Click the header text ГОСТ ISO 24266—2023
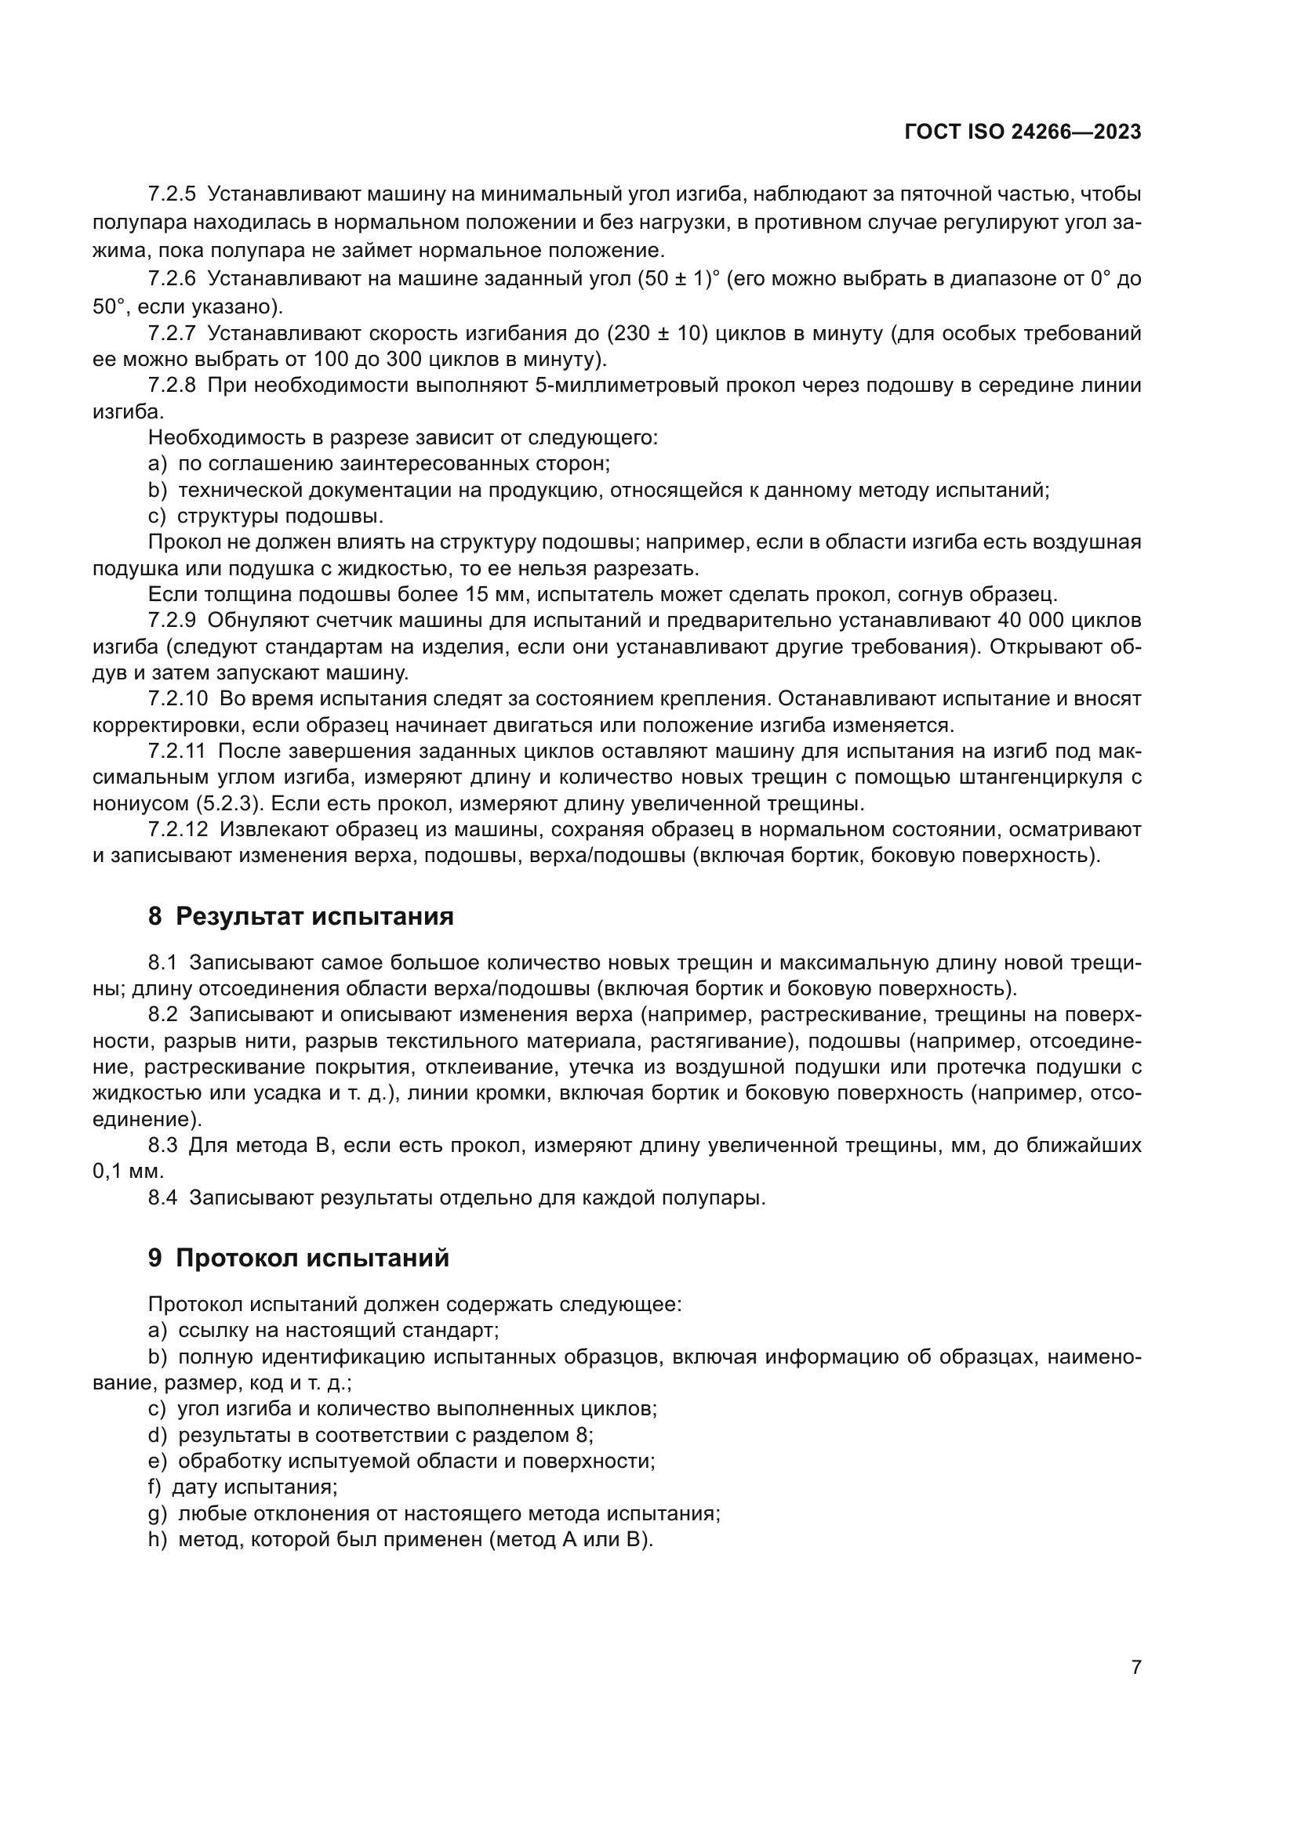click(x=1023, y=132)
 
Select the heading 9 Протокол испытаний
click(x=298, y=1259)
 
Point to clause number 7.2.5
click(x=172, y=194)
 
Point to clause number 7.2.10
click(x=177, y=699)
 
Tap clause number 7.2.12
click(x=177, y=829)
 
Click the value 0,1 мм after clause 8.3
click(x=128, y=1172)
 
